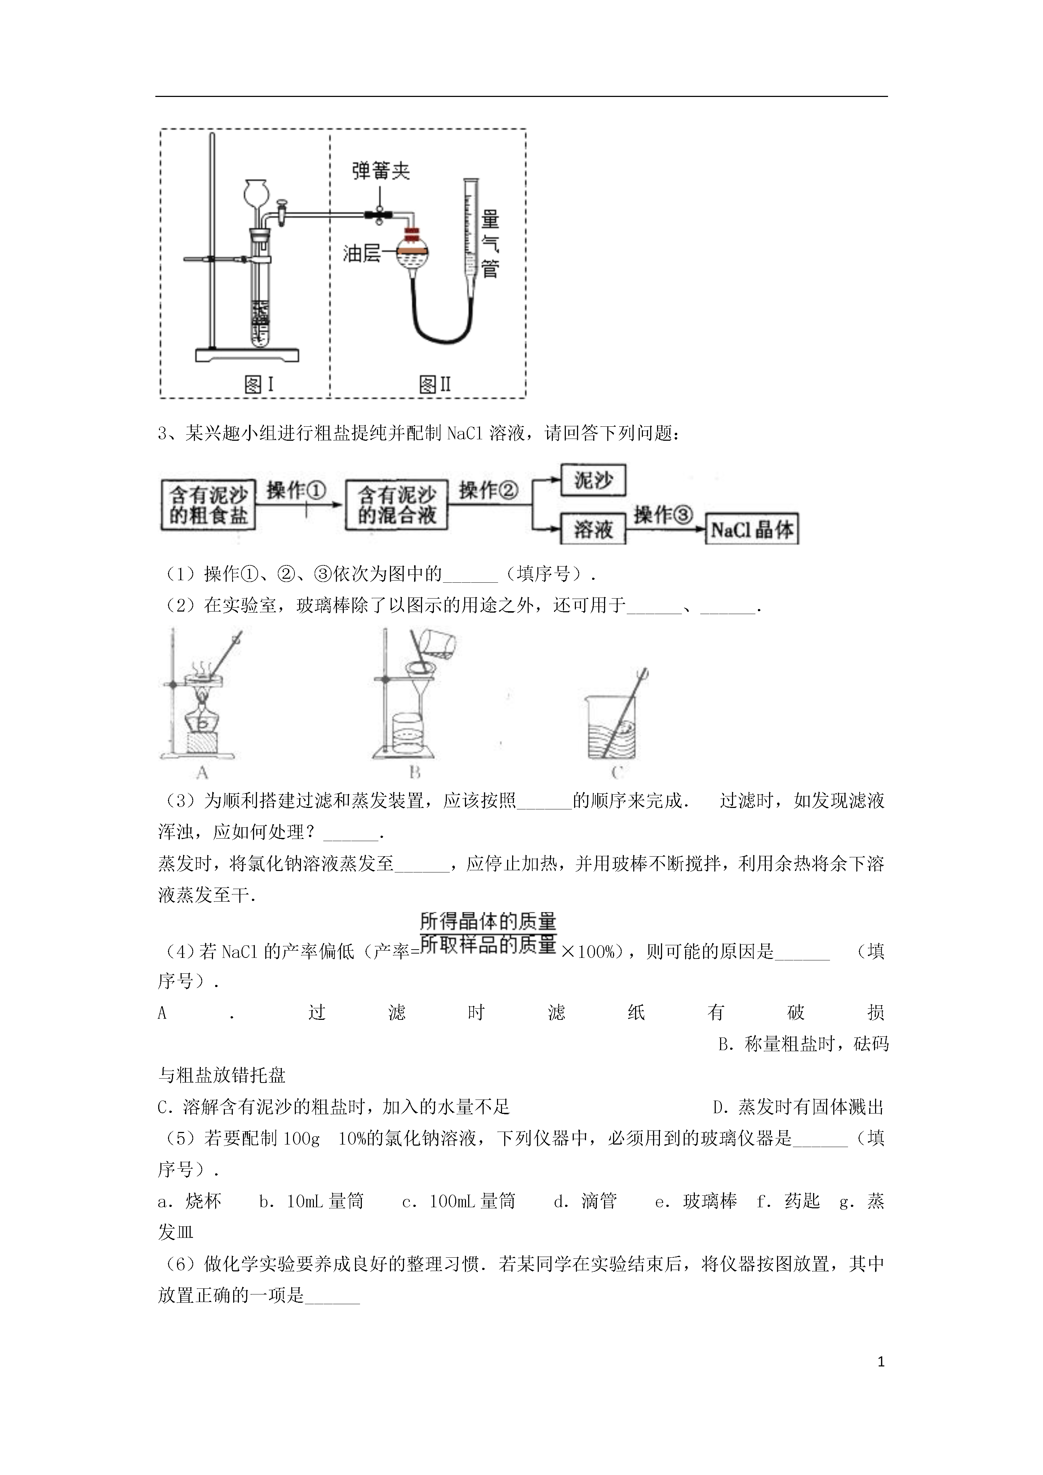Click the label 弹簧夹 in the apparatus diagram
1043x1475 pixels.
click(381, 170)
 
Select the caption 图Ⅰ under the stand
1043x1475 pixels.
click(259, 384)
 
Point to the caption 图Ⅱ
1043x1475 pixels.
click(435, 384)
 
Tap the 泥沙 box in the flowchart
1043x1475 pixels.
click(593, 480)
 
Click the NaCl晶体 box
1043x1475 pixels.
click(752, 529)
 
